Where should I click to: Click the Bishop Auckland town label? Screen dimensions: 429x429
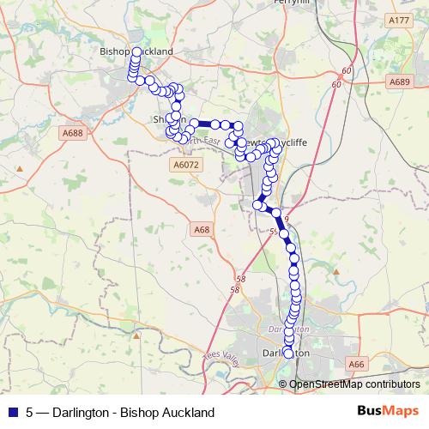point(136,51)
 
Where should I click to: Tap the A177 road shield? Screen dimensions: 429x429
point(398,20)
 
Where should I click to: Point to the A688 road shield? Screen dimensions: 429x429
point(73,133)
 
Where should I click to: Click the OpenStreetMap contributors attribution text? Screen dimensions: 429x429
point(355,384)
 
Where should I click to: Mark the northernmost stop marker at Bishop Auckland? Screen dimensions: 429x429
point(136,52)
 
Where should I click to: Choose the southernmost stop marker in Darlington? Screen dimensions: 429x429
point(288,353)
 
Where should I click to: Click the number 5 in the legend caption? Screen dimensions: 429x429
point(30,413)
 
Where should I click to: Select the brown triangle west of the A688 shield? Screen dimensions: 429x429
point(41,133)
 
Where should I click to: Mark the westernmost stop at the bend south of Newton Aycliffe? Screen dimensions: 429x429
point(258,204)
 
